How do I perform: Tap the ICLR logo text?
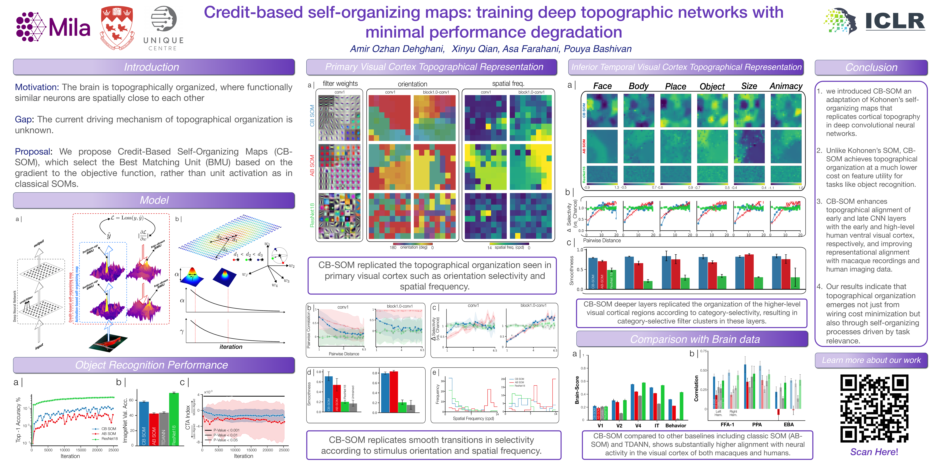pos(894,21)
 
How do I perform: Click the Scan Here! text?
pos(874,452)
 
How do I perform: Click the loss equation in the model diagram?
pos(127,218)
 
